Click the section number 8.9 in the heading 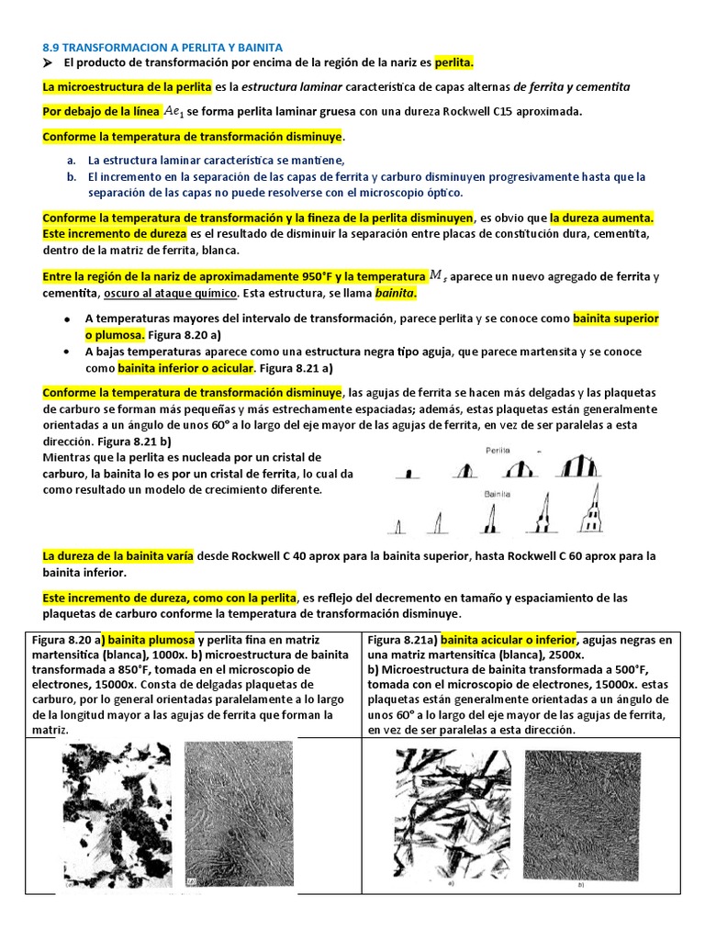(x=52, y=46)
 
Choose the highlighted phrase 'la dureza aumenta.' (x=601, y=218)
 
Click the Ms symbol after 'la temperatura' (x=440, y=275)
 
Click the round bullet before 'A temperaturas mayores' (x=67, y=319)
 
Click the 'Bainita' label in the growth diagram (x=500, y=494)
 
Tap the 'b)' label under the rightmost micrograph (x=581, y=886)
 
